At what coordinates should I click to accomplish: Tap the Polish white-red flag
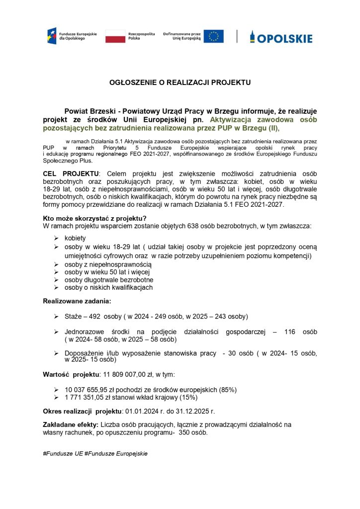[115, 36]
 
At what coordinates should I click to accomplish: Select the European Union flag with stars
[214, 36]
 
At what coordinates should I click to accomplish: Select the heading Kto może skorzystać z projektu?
[94, 218]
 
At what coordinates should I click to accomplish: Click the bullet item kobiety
[75, 238]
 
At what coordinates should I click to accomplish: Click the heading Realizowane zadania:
[77, 301]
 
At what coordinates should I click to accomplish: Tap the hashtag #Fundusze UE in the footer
[63, 453]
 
